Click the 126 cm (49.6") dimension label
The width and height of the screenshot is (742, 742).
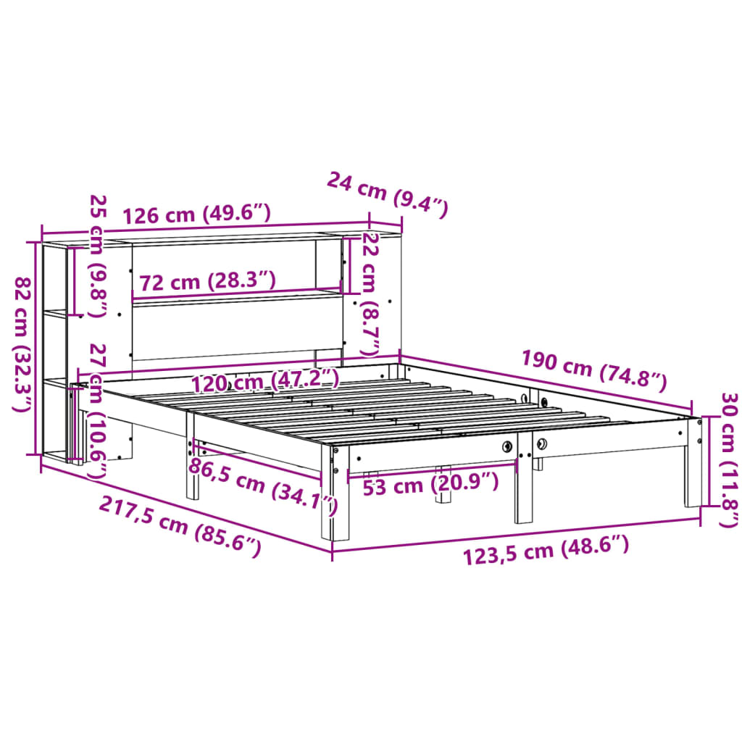click(196, 214)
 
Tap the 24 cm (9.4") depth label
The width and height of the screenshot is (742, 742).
click(388, 193)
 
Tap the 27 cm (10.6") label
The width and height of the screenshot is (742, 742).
click(96, 411)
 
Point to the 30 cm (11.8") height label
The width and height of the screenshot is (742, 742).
click(728, 459)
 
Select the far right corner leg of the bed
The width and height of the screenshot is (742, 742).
click(693, 464)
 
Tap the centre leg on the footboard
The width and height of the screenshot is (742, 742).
click(523, 485)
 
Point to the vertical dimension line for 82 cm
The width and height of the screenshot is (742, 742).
click(36, 348)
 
